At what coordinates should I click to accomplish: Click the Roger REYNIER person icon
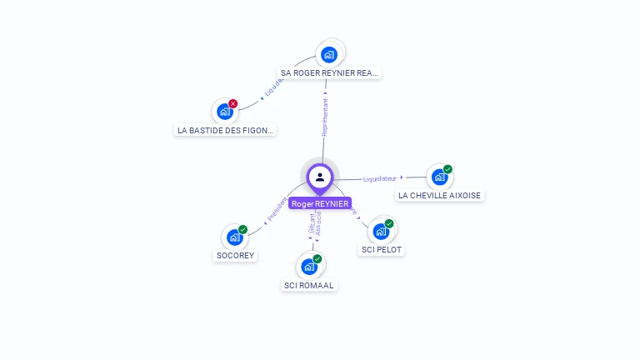coord(320,177)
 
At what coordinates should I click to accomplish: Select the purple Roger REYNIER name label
coord(320,203)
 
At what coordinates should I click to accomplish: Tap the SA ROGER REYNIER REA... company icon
coord(330,54)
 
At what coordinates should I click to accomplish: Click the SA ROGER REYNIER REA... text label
coord(330,73)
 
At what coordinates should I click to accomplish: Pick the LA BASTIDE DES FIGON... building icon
coord(224,111)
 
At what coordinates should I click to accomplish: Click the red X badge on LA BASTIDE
coord(233,103)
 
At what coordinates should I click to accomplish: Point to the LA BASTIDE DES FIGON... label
coord(226,130)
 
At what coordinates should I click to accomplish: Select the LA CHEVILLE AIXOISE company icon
coord(439,177)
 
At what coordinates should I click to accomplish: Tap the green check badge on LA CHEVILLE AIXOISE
coord(447,169)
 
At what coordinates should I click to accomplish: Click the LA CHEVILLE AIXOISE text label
coord(439,196)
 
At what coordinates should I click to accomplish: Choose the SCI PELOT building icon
coord(381,231)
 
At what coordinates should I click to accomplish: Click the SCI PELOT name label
coord(382,249)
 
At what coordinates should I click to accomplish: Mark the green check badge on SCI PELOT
coord(389,223)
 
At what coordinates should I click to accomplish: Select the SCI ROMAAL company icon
coord(309,267)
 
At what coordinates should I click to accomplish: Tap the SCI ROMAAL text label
coord(309,285)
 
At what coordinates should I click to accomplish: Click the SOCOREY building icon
coord(235,237)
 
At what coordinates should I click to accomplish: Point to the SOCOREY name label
coord(235,256)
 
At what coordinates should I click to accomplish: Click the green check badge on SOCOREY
coord(243,229)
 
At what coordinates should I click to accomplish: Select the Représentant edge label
coord(325,117)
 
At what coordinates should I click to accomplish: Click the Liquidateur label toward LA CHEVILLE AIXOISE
coord(380,178)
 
